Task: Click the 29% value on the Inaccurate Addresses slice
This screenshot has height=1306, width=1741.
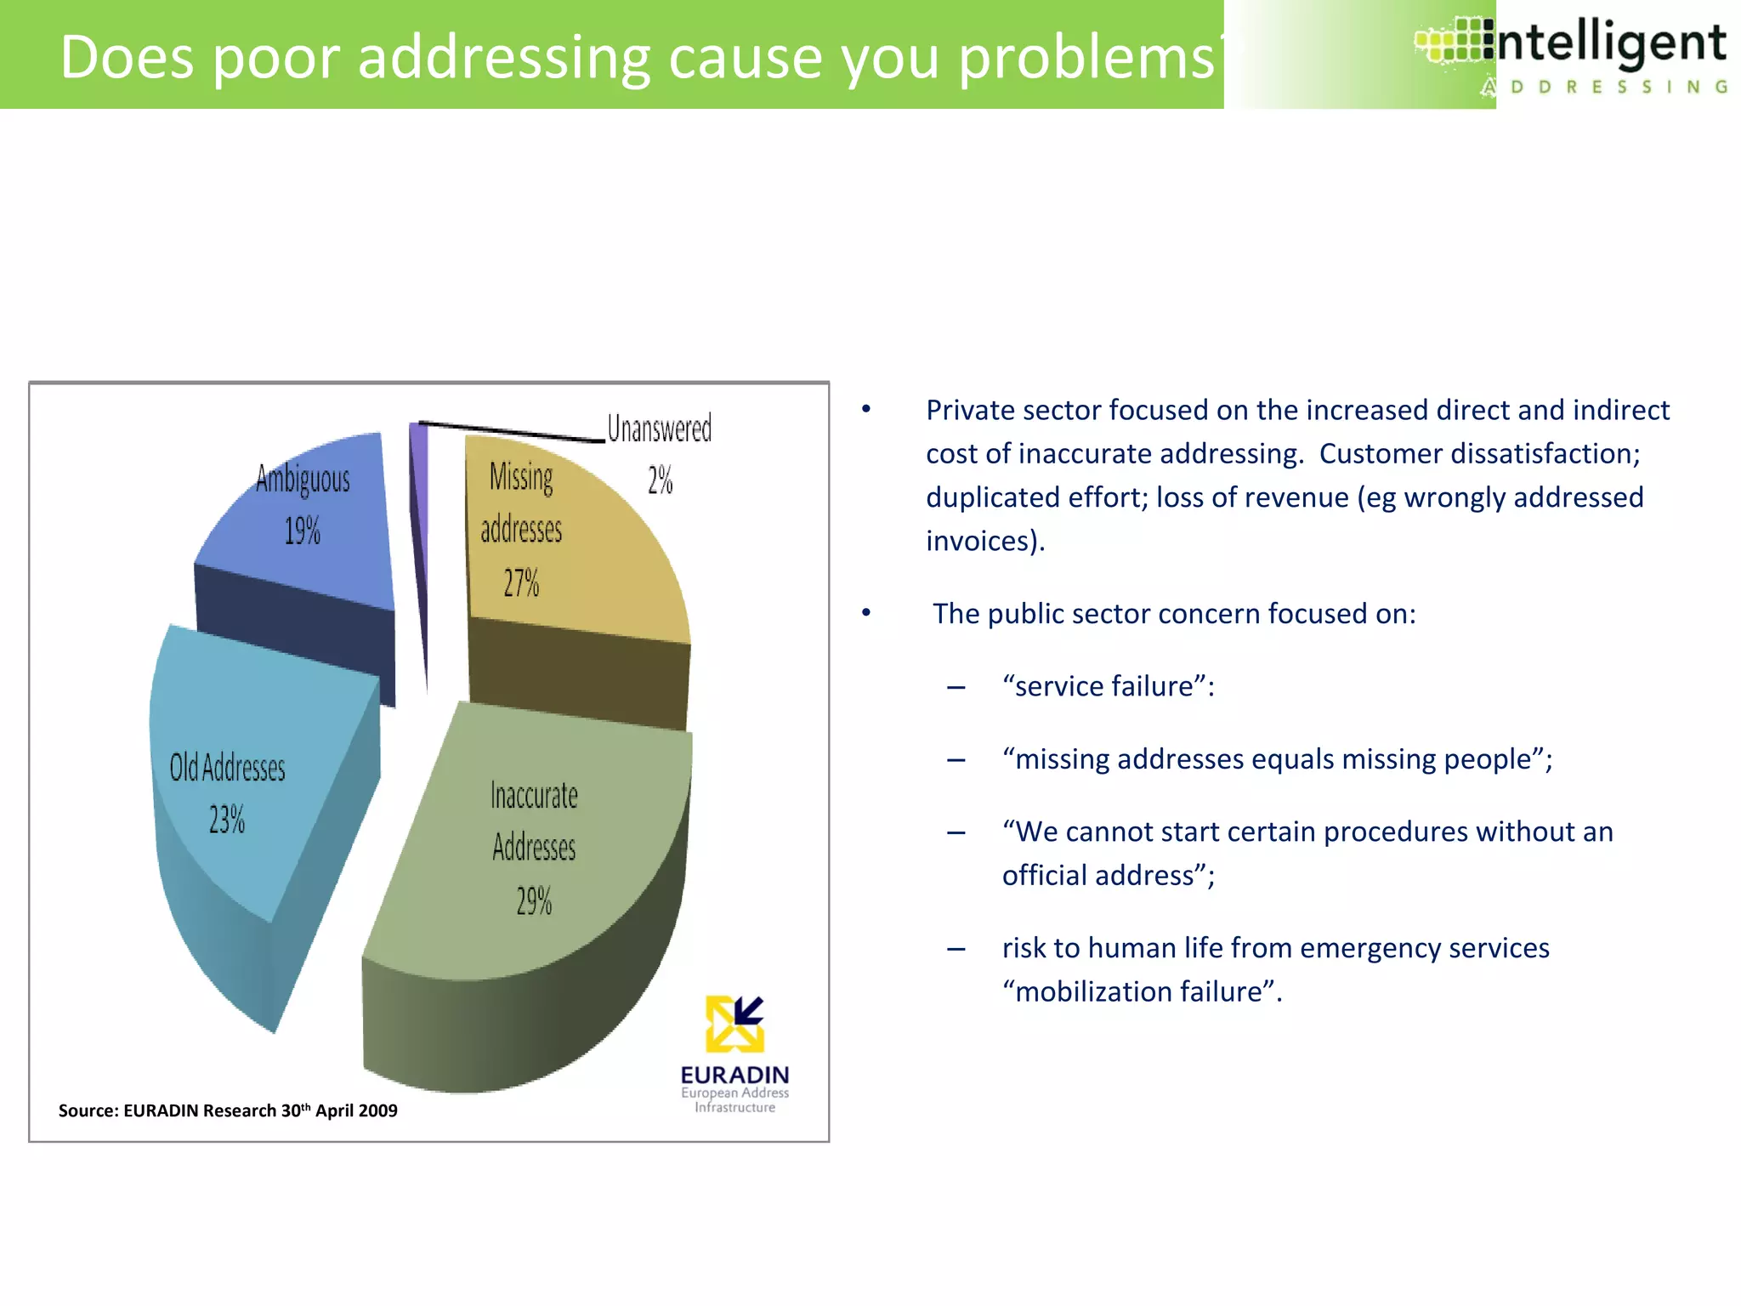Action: [x=534, y=900]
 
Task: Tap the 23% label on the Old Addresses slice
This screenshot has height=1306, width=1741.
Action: [x=227, y=819]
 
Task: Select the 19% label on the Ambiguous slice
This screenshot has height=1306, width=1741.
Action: [x=302, y=531]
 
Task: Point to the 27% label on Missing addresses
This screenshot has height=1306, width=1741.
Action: [x=521, y=582]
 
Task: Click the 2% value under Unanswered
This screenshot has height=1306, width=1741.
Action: [x=660, y=480]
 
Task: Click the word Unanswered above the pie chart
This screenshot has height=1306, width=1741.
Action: [x=659, y=429]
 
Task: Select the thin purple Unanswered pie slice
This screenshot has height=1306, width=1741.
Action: [x=419, y=510]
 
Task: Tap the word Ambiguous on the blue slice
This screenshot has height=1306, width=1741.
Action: [x=303, y=479]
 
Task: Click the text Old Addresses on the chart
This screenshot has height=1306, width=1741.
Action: [x=227, y=768]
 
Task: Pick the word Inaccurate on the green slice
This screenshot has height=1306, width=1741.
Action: [x=534, y=796]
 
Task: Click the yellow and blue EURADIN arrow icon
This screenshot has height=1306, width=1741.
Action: [x=734, y=1024]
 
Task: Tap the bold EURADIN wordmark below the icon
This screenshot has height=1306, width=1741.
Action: [x=734, y=1075]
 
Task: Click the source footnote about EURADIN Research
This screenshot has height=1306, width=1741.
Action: [x=228, y=1110]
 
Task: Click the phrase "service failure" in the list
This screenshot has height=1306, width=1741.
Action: [x=1103, y=686]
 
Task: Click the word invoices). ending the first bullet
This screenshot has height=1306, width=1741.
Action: [x=984, y=541]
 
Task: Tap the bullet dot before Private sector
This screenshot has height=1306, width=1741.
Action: [x=866, y=410]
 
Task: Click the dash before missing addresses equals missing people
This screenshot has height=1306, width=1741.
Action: [x=956, y=759]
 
